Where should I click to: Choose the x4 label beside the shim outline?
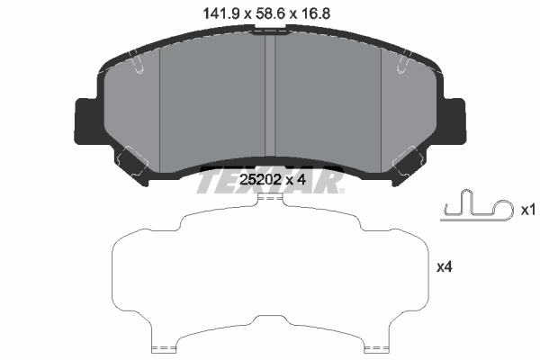tap(443, 267)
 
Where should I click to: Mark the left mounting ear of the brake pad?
tap(84, 119)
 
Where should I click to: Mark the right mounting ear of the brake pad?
tap(454, 119)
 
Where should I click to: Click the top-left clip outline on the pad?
tap(137, 61)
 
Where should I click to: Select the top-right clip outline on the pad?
tap(402, 61)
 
